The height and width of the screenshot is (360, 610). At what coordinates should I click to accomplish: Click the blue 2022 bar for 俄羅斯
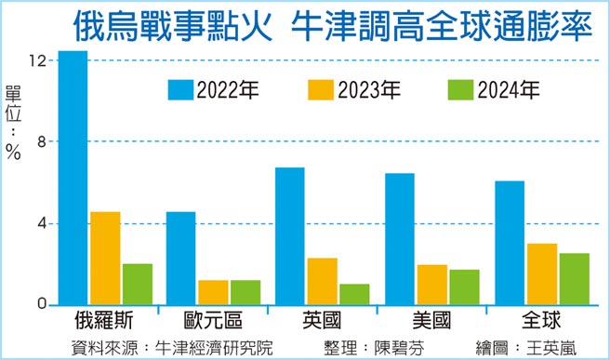click(73, 177)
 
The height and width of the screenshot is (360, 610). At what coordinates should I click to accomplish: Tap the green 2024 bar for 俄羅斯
click(138, 284)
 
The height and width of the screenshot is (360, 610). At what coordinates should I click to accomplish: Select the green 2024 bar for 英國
click(354, 294)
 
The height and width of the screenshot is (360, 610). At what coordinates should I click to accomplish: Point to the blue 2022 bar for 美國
click(399, 238)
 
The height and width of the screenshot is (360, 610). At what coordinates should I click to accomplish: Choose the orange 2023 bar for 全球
click(541, 273)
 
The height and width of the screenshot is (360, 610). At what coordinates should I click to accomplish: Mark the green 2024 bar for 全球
click(574, 278)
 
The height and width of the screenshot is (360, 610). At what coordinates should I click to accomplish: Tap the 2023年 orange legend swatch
click(319, 89)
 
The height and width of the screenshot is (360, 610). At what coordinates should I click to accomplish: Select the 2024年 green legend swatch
click(459, 89)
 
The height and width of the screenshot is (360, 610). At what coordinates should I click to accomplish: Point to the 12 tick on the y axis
click(37, 60)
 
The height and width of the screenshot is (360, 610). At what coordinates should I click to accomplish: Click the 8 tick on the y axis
click(42, 141)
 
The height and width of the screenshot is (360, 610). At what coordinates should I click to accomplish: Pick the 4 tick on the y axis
click(42, 223)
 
